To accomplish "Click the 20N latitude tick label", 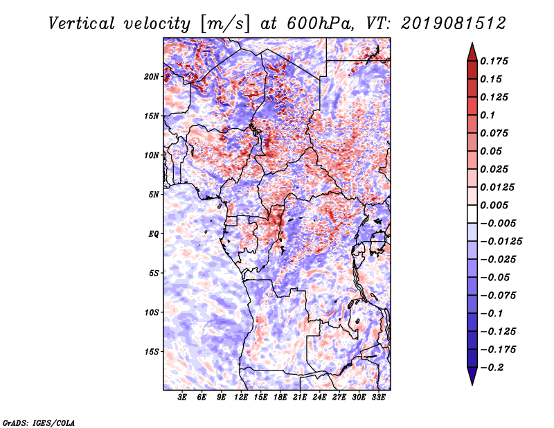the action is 152,77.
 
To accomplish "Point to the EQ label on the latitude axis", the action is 154,234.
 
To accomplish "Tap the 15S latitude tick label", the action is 152,352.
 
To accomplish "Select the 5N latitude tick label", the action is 154,195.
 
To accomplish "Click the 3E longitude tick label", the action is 182,397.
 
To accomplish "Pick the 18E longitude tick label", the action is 280,397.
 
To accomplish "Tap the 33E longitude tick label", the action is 378,397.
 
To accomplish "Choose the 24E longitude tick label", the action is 319,397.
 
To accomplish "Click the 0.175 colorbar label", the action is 494,61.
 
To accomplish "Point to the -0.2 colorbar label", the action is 492,368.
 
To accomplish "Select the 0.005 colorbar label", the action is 494,205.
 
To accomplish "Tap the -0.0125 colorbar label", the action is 501,242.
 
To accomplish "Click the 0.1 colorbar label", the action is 488,115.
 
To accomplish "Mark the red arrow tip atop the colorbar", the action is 472,44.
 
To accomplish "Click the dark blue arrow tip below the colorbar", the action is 472,384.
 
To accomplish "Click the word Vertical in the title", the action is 82,24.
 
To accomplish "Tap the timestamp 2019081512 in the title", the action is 454,24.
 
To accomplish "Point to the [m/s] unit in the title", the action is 225,24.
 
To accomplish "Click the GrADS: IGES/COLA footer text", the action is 39,423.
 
